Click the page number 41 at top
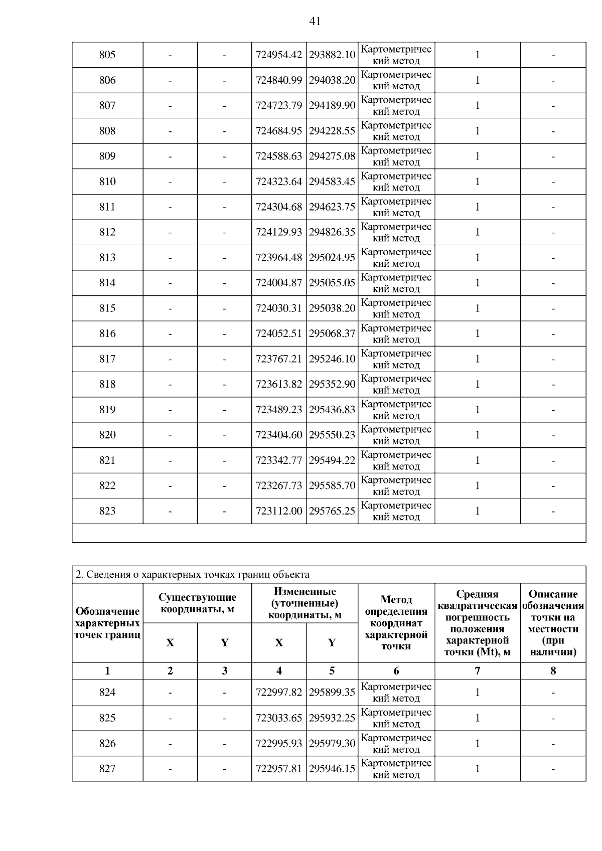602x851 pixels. coord(315,21)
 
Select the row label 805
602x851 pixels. coord(107,55)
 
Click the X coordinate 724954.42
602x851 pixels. coord(279,55)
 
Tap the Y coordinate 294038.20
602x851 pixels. coord(332,80)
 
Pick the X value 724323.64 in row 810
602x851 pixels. coord(279,182)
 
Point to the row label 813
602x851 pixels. coord(107,258)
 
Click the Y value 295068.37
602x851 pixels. coord(332,333)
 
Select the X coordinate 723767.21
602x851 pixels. coord(279,359)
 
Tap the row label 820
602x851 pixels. coord(107,435)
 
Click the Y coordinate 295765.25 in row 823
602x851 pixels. coord(332,511)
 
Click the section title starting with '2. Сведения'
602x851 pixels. coord(192,575)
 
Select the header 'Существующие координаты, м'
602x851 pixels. coord(197,603)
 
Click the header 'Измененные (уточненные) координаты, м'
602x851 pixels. coord(305,603)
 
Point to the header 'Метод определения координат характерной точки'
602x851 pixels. coord(396,623)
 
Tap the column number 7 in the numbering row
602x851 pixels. coord(477,671)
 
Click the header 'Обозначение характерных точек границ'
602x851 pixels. coord(107,623)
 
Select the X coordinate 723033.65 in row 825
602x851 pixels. coord(279,718)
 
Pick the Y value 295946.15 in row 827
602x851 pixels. coord(332,769)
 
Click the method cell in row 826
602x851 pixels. coord(396,744)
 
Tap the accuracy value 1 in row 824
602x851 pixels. coord(477,693)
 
